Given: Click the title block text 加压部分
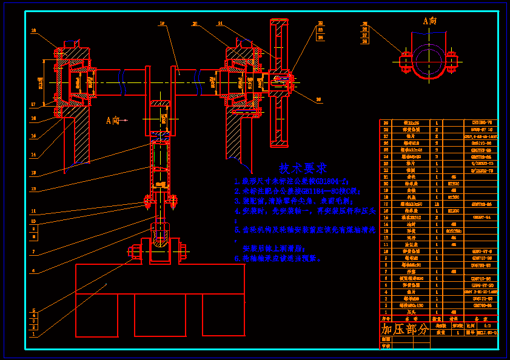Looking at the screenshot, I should coord(404,329).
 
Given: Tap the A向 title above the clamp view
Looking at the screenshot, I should coord(429,21).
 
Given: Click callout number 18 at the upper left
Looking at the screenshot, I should coord(33,30).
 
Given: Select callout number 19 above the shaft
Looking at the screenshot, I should coord(162,24).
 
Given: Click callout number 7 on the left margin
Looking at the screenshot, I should coord(33,252).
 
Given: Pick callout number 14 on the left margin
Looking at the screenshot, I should coord(33,155).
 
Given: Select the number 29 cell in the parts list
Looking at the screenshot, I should coord(384,123).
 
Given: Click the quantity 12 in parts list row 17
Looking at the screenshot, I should coord(437,204).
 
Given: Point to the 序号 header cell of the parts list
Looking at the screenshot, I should coord(384,318).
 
